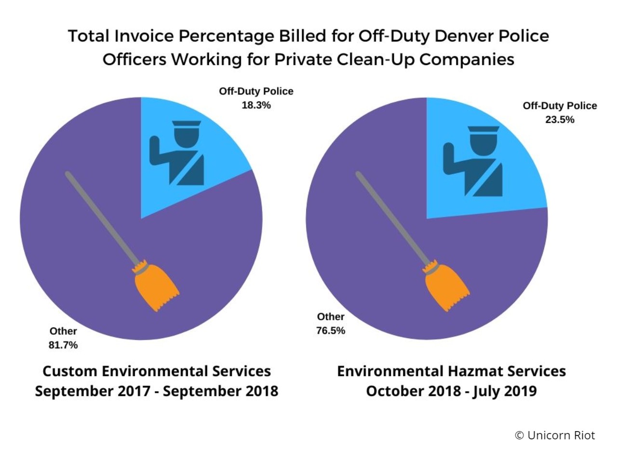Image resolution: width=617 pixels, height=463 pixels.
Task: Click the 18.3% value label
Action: click(256, 105)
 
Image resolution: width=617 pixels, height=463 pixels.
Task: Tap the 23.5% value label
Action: click(560, 120)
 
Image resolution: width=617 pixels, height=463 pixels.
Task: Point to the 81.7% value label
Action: click(63, 345)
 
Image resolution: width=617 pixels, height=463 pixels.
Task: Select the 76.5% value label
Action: click(331, 330)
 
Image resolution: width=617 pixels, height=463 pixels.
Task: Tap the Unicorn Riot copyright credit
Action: click(555, 435)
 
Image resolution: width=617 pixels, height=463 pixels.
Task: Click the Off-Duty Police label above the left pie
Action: click(256, 91)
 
